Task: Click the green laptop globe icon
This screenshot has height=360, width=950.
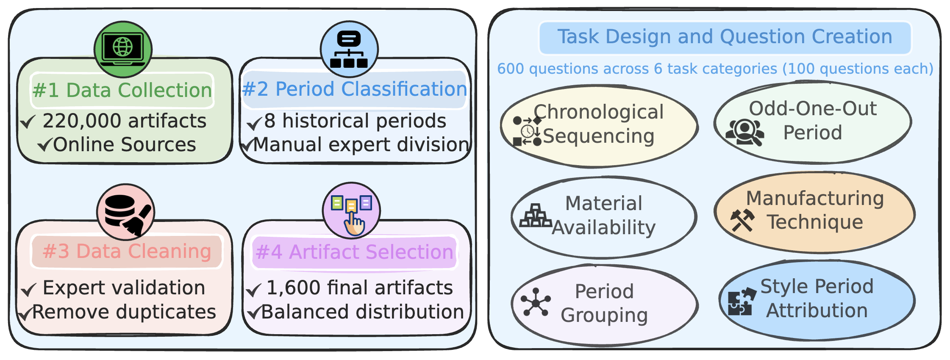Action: (123, 49)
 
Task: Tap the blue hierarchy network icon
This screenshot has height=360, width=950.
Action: (349, 49)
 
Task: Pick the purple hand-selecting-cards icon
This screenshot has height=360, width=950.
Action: (351, 210)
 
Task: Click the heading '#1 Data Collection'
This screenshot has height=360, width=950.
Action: (122, 90)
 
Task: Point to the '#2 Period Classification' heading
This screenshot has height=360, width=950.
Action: (354, 89)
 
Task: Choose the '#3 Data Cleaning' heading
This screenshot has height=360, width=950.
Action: (127, 252)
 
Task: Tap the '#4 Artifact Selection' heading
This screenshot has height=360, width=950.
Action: (355, 252)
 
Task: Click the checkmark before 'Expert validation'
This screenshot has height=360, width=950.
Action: (29, 290)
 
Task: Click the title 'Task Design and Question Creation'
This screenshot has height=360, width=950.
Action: (725, 37)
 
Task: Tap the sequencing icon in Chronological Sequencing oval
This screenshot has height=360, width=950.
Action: (527, 131)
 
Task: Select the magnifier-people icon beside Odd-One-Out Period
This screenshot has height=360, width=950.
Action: (744, 132)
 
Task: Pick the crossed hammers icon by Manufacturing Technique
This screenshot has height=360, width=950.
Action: (742, 220)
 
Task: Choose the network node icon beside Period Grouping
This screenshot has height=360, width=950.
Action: (536, 302)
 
